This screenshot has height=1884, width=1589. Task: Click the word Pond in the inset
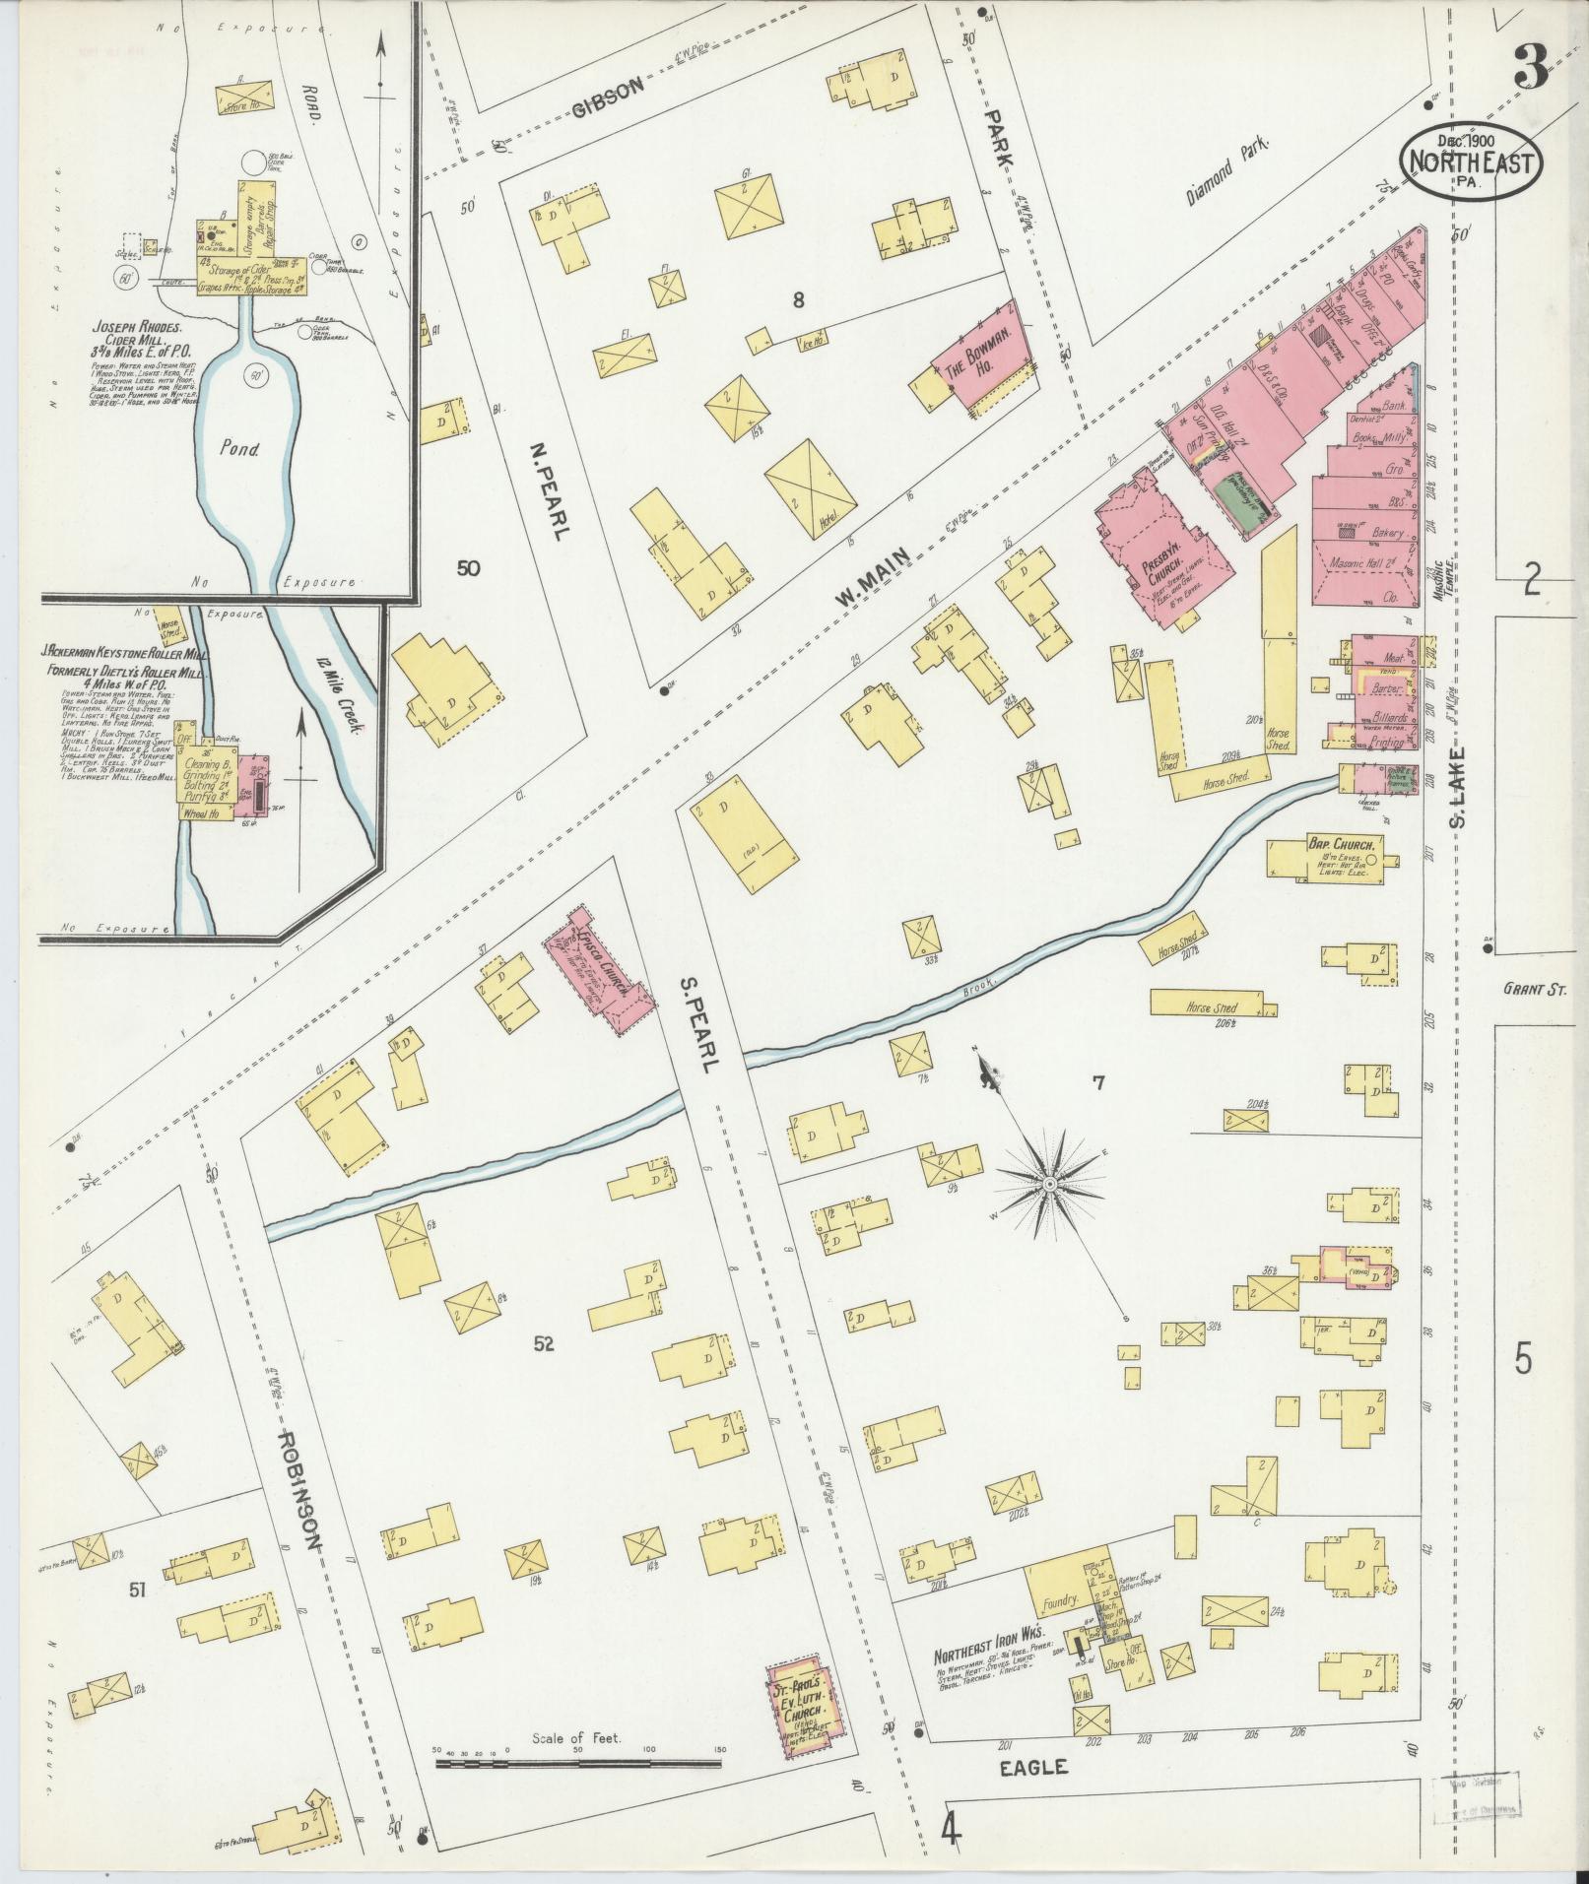coord(239,449)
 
